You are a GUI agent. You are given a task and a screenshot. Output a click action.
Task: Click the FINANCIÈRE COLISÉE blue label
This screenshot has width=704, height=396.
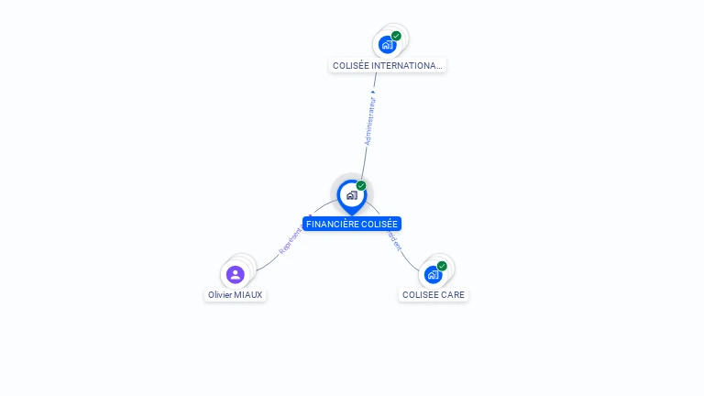352,224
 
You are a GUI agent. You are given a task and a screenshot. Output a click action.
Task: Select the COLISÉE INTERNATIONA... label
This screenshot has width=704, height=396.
388,66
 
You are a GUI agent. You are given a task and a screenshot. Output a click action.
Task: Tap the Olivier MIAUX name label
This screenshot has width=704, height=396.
236,295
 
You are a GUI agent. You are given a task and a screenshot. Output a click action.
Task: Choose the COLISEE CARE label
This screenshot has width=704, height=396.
434,295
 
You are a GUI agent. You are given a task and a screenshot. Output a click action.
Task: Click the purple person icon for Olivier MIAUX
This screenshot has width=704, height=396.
236,274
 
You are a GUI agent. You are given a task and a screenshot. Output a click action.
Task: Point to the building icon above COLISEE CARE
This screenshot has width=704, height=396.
433,274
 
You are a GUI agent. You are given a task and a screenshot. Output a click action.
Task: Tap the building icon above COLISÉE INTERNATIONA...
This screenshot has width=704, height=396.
388,44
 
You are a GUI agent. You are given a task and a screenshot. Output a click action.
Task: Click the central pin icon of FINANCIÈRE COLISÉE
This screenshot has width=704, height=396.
351,195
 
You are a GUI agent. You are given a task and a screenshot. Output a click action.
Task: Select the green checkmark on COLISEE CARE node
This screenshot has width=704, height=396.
442,266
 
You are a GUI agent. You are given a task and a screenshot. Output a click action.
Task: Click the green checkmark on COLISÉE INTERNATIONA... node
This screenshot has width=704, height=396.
396,36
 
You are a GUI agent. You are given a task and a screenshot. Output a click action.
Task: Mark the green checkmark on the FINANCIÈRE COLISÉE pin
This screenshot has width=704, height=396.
361,186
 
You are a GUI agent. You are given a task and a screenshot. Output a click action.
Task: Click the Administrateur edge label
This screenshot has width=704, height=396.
369,123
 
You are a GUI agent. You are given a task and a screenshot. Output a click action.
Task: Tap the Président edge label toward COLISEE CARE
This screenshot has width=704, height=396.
393,240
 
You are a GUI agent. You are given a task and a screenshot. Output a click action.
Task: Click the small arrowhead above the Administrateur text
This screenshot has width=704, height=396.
373,93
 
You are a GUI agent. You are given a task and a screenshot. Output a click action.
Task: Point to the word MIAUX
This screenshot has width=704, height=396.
248,295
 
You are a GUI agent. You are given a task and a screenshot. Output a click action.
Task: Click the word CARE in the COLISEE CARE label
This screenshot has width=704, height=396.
453,295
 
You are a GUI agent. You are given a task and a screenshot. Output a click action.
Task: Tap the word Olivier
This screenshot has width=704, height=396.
220,295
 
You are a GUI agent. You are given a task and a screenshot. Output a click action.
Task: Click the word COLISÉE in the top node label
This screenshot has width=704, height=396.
351,66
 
